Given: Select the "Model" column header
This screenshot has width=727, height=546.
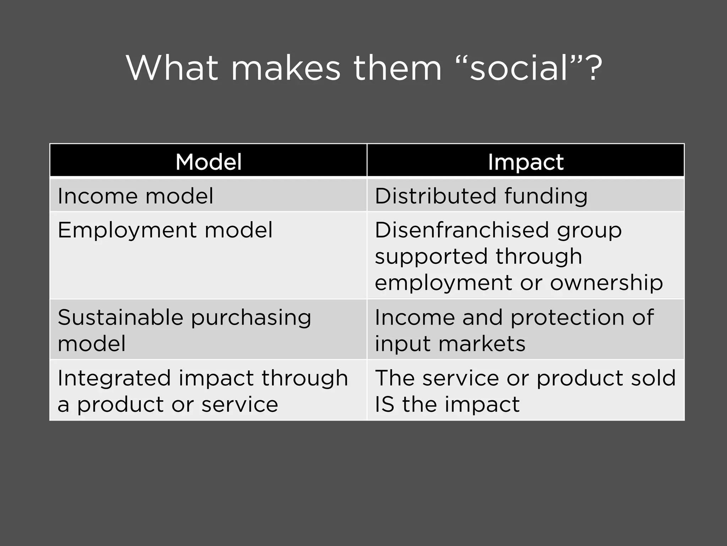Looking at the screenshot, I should coord(208,162).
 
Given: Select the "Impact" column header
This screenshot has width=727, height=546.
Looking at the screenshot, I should coord(525,162).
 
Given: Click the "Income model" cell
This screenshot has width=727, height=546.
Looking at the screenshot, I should coord(135,196).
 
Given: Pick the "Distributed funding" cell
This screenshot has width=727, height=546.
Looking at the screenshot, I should coord(481,196).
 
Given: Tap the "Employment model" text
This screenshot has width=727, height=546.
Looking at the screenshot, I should coord(165,230).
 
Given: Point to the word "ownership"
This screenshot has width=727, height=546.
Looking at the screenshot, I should coord(606,283).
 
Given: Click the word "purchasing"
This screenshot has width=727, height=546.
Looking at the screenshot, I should coord(251,318).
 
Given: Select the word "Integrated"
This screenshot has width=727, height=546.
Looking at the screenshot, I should coord(114,378).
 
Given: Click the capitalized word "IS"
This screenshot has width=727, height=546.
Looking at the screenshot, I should coord(384,405).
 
